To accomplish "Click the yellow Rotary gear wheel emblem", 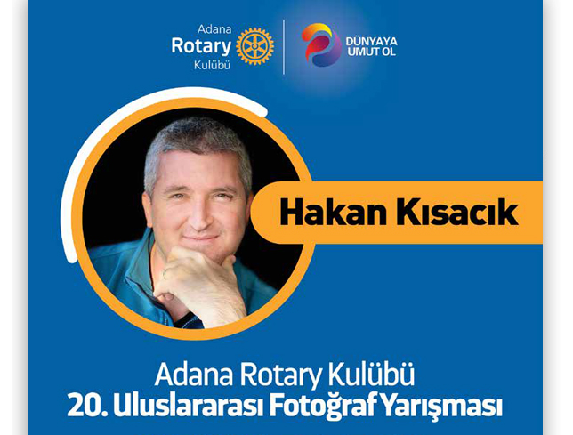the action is tap(254, 46).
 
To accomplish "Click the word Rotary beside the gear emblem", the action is tap(201, 47).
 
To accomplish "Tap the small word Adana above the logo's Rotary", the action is tap(214, 29).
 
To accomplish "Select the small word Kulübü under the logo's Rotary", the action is tap(212, 65).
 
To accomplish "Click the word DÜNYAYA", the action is tap(371, 41).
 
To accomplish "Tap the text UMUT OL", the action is tap(371, 52).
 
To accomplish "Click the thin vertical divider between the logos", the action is tap(284, 47).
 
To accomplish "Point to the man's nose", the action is tap(200, 214).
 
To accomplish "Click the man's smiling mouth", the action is tap(200, 238).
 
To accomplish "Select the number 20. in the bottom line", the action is tap(87, 406).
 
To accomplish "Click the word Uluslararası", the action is tap(189, 406).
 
